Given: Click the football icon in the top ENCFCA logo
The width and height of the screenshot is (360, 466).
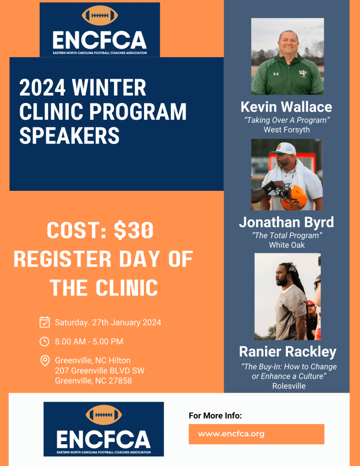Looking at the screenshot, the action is [x=100, y=15].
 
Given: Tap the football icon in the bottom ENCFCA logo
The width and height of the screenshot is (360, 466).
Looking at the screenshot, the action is [x=104, y=415].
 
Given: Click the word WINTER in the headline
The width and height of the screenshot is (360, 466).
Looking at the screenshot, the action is [x=109, y=87].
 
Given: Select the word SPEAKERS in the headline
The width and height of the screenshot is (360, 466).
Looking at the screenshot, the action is [x=70, y=136].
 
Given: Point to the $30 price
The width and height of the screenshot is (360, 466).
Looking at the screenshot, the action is [x=134, y=230].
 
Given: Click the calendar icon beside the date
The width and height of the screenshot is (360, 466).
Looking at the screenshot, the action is [x=45, y=322].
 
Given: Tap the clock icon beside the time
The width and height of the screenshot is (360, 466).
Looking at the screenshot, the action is [x=45, y=342].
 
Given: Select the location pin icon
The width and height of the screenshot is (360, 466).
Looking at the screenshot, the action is [x=45, y=361].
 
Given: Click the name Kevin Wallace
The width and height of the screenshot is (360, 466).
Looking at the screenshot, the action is [x=286, y=107].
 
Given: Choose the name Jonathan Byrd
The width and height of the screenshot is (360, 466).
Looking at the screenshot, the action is [x=287, y=223].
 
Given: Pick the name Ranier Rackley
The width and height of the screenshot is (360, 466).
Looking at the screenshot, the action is [x=288, y=352].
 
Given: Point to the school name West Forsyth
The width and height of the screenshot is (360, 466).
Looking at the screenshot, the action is [x=287, y=130].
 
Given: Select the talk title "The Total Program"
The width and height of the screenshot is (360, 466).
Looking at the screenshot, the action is [x=287, y=236].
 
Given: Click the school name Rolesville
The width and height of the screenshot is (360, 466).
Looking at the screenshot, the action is [x=289, y=386].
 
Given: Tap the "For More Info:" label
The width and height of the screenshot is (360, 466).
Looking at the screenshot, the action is [x=215, y=416].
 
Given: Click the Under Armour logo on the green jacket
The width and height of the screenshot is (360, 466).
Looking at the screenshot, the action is [x=276, y=74].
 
